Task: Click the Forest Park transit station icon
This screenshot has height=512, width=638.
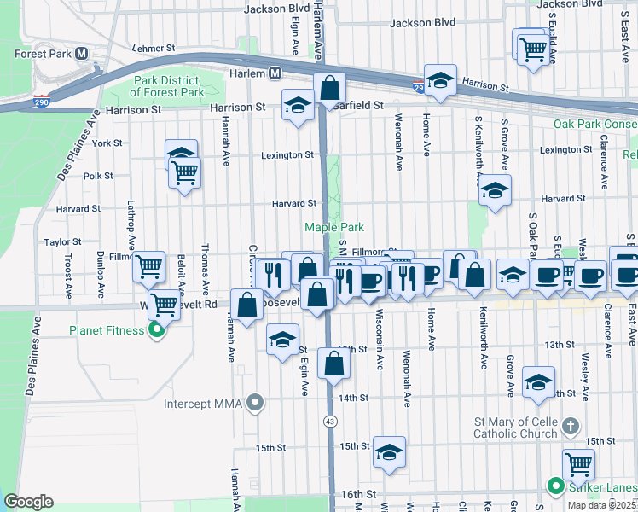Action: pyautogui.click(x=83, y=53)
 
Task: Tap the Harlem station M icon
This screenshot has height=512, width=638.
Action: pyautogui.click(x=275, y=74)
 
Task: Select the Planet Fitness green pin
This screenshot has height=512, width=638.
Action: pyautogui.click(x=155, y=330)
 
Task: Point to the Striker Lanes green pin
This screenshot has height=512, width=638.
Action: pyautogui.click(x=556, y=487)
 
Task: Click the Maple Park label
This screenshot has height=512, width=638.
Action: pyautogui.click(x=334, y=227)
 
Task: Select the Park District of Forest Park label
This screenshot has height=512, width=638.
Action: pyautogui.click(x=168, y=86)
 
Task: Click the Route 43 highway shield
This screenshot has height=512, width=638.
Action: pyautogui.click(x=329, y=421)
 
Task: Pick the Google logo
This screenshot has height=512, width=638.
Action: pyautogui.click(x=28, y=501)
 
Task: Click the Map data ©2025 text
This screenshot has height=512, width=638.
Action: pyautogui.click(x=602, y=505)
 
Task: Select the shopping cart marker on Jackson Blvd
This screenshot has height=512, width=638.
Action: pyautogui.click(x=533, y=49)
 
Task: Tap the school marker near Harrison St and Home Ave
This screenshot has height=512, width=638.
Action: pyautogui.click(x=440, y=81)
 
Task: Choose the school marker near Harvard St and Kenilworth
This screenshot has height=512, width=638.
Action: pyautogui.click(x=494, y=191)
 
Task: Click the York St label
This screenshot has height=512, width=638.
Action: pyautogui.click(x=107, y=143)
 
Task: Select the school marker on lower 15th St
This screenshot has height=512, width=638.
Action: pyautogui.click(x=389, y=452)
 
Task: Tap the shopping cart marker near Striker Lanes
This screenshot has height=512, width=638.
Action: pyautogui.click(x=579, y=464)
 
